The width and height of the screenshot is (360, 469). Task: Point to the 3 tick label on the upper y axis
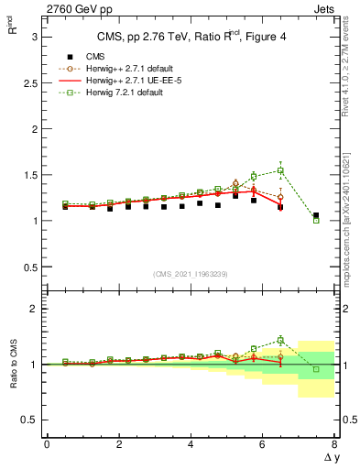click(33, 36)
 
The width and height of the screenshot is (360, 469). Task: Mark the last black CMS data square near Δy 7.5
click(316, 216)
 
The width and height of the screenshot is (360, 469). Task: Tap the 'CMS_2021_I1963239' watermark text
click(191, 274)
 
